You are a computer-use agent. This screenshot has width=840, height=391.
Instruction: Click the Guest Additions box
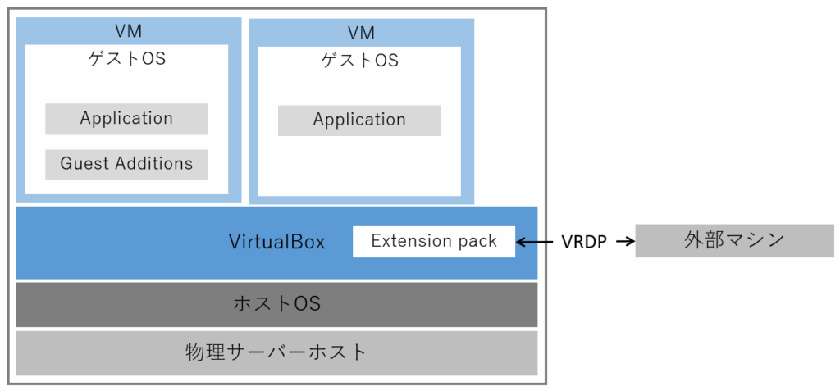tap(126, 164)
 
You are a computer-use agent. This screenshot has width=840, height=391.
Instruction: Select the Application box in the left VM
tap(126, 119)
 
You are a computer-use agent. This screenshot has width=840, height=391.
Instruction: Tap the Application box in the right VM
tap(359, 120)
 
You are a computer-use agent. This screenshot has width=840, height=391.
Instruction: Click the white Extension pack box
tap(434, 242)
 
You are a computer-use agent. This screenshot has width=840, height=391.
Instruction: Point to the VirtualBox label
tap(276, 243)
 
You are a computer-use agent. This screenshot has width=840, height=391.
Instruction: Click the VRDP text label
tap(585, 242)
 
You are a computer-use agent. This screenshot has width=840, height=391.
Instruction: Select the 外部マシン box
tap(734, 241)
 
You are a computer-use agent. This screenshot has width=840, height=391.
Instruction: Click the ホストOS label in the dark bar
tap(276, 304)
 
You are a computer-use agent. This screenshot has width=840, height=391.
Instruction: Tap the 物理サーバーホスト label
tap(276, 353)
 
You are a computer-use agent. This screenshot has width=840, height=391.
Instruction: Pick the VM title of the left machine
tap(129, 31)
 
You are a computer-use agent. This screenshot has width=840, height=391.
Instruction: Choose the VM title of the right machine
tap(361, 33)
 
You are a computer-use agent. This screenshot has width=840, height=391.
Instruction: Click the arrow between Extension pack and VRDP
tap(535, 242)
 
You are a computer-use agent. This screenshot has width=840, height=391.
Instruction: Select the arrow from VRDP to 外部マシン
tap(624, 242)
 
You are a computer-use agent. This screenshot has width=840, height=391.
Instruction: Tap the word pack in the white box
tap(477, 242)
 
